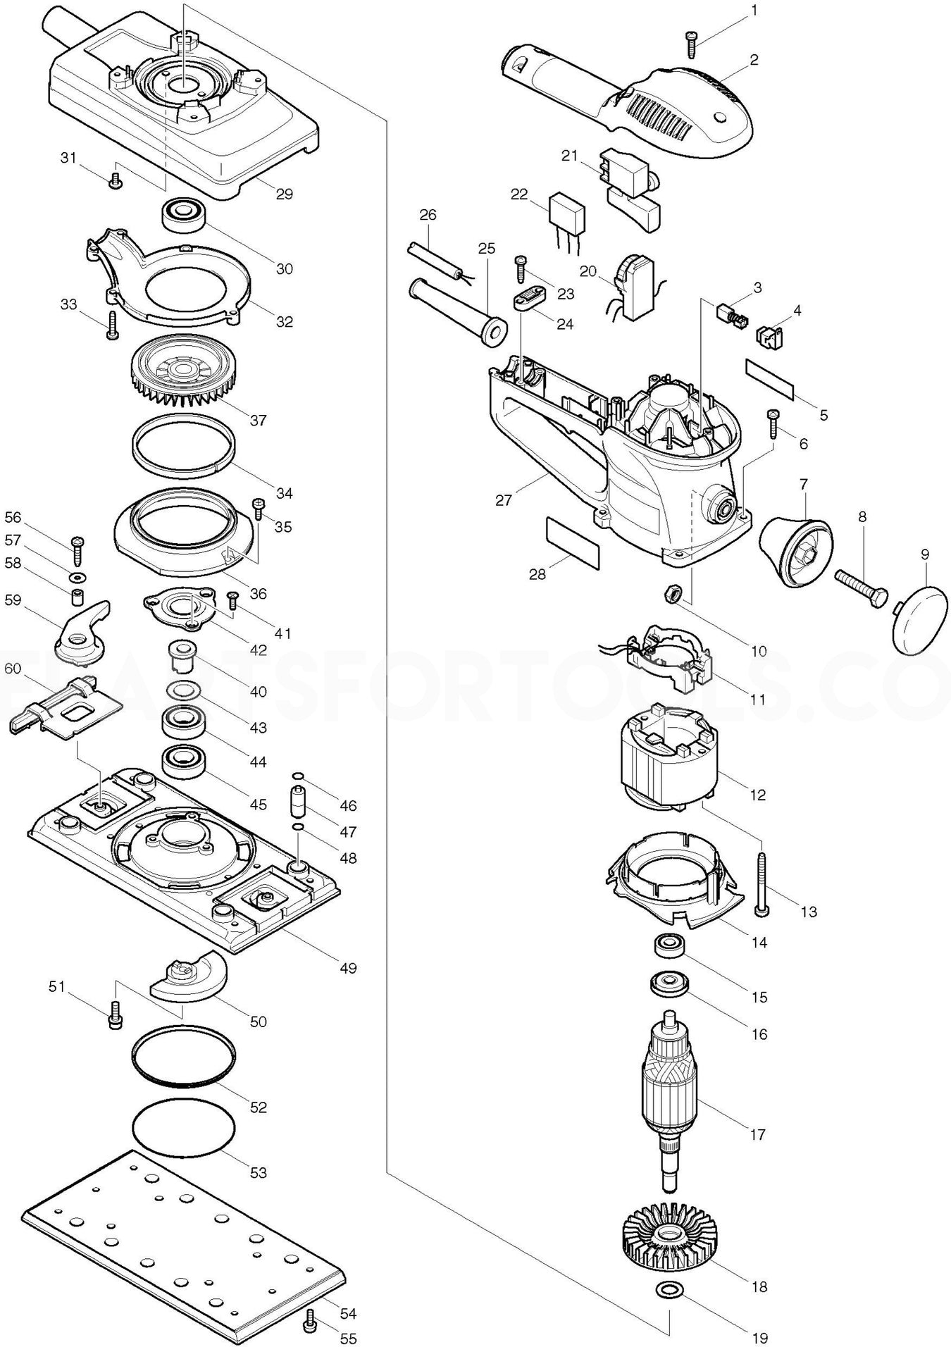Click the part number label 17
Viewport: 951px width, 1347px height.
(x=758, y=1135)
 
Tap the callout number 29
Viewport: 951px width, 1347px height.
(x=284, y=194)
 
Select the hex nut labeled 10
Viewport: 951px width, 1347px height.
(x=672, y=593)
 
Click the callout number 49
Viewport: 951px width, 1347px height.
(x=348, y=968)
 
